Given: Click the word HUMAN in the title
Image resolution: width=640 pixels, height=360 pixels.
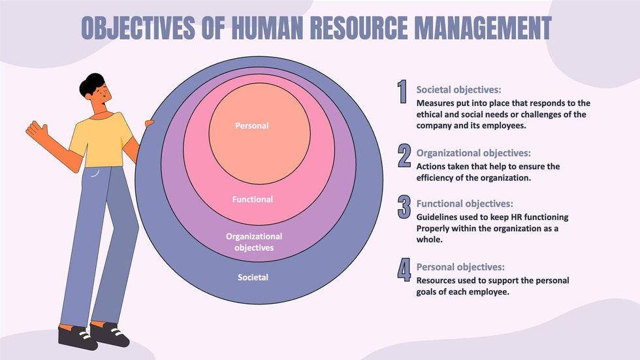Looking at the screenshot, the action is pos(267,27).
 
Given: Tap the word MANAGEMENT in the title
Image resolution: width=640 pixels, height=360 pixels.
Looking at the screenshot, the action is pos(483,27).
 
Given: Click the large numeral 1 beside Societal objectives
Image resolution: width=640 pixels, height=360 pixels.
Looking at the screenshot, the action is pos(402,91).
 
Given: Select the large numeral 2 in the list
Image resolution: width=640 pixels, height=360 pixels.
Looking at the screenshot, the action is pos(404,155).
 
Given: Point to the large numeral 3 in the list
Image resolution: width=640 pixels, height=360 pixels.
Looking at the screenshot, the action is pos(404,207).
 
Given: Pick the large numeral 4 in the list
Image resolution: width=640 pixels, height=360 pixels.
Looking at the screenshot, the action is pos(404,270).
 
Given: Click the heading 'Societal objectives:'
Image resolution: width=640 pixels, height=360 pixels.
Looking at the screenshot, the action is pos(458,90).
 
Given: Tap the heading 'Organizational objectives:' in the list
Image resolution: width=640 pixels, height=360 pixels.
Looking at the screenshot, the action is pos(473,153).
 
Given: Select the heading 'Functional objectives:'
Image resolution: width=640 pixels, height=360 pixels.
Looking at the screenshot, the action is pos(464,204).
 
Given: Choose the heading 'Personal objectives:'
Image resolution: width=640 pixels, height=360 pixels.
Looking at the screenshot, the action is pos(460,267).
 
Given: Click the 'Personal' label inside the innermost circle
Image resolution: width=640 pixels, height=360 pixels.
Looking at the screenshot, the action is pos(252,125).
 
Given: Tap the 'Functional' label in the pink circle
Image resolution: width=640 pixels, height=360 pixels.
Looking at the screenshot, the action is pos(252,199).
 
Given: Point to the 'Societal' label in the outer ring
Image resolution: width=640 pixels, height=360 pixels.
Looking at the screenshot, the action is pos(253,277).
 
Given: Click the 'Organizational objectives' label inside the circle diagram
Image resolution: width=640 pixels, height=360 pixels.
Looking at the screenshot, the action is pos(254,242).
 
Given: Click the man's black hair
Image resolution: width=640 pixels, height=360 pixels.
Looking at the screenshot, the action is pos(92,84).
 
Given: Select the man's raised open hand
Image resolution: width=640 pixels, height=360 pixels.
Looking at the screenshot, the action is pos(37,130).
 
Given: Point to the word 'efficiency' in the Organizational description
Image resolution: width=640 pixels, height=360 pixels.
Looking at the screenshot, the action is pos(435,178).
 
